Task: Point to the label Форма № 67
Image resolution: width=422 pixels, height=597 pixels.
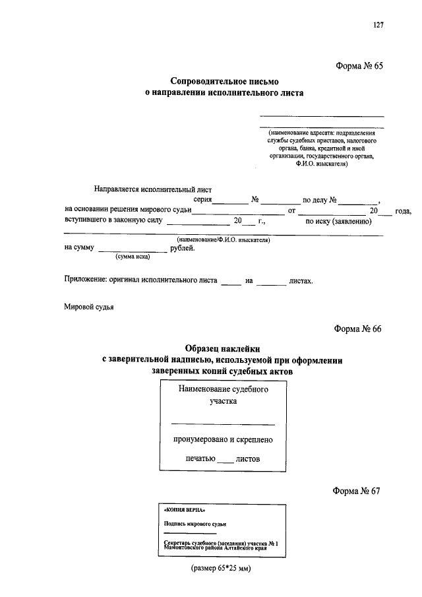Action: point(357,490)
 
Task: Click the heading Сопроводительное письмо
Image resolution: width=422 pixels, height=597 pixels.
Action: point(225,82)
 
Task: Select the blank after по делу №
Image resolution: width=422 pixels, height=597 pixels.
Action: point(359,201)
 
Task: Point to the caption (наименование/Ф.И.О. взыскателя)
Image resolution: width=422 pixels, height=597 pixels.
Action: point(224,241)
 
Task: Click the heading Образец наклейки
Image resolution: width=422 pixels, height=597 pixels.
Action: point(224,348)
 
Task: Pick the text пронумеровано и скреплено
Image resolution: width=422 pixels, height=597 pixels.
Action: point(223,439)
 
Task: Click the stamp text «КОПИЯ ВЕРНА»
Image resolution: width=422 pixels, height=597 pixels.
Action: point(180,511)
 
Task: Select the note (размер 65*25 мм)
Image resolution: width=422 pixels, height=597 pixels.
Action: point(222,568)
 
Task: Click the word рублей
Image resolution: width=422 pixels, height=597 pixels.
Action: point(182,248)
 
